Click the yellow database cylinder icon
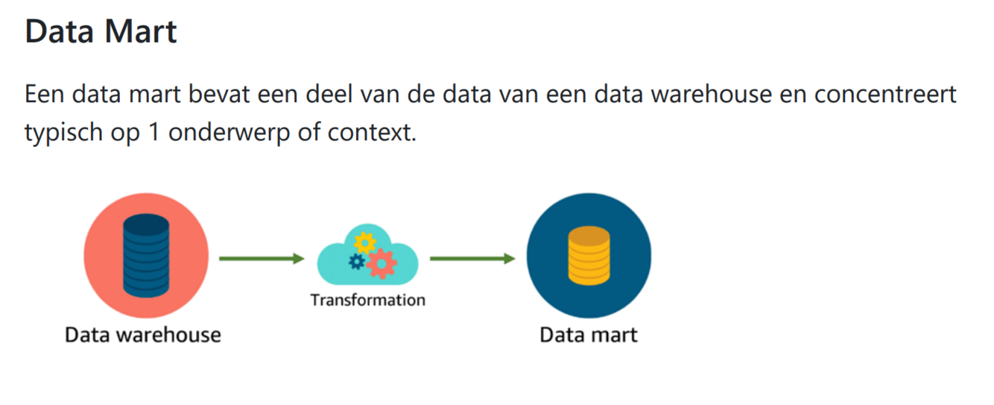click(x=589, y=256)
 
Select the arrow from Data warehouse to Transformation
click(x=262, y=259)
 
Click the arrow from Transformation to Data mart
click(x=472, y=259)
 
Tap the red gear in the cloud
click(x=381, y=263)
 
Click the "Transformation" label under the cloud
click(x=367, y=300)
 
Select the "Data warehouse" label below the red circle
click(x=143, y=334)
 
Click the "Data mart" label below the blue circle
click(x=589, y=334)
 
